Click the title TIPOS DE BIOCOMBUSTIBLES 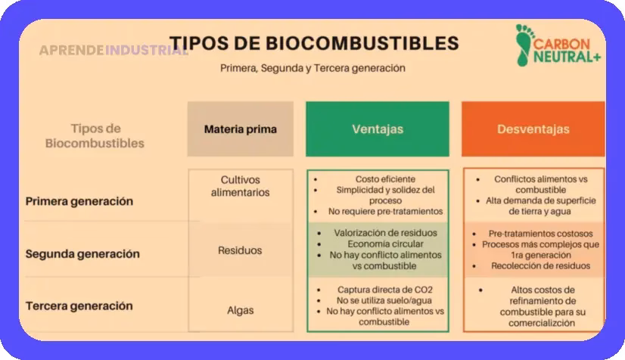click(313, 42)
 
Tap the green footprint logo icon click(523, 45)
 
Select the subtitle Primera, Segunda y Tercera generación click(312, 68)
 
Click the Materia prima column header click(240, 129)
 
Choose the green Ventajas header click(378, 129)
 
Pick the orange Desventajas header click(533, 129)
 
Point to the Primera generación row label click(79, 201)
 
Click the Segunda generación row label click(82, 254)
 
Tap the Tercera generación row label click(79, 306)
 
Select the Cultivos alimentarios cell click(240, 186)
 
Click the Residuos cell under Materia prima click(240, 250)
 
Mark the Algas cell click(240, 310)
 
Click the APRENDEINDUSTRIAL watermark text click(113, 51)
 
